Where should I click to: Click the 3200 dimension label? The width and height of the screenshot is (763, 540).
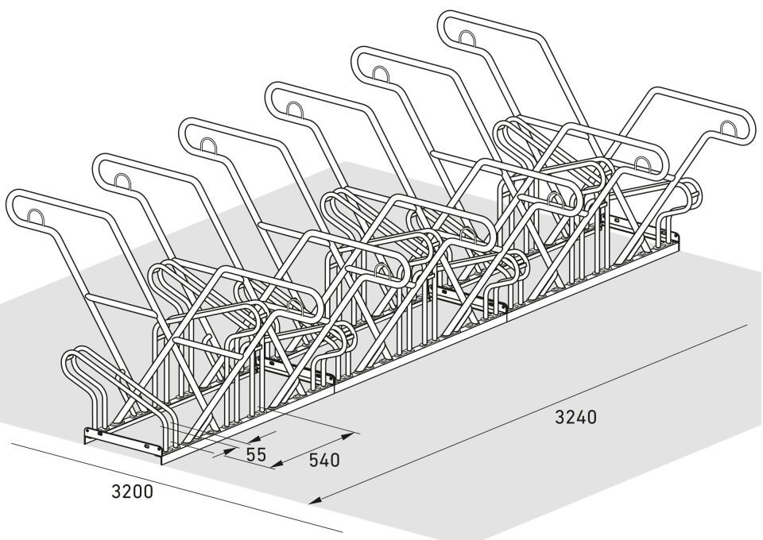pyautogui.click(x=131, y=492)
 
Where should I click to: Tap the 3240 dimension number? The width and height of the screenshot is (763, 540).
pyautogui.click(x=575, y=416)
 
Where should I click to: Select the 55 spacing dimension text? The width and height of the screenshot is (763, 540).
pyautogui.click(x=255, y=455)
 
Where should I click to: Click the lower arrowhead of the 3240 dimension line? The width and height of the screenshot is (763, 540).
pyautogui.click(x=315, y=501)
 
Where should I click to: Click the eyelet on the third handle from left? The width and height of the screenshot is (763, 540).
pyautogui.click(x=208, y=145)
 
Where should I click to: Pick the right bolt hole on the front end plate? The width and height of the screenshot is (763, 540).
pyautogui.click(x=148, y=448)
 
